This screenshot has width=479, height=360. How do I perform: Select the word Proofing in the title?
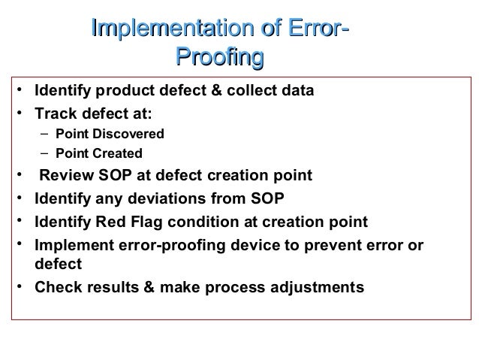[219, 57]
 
